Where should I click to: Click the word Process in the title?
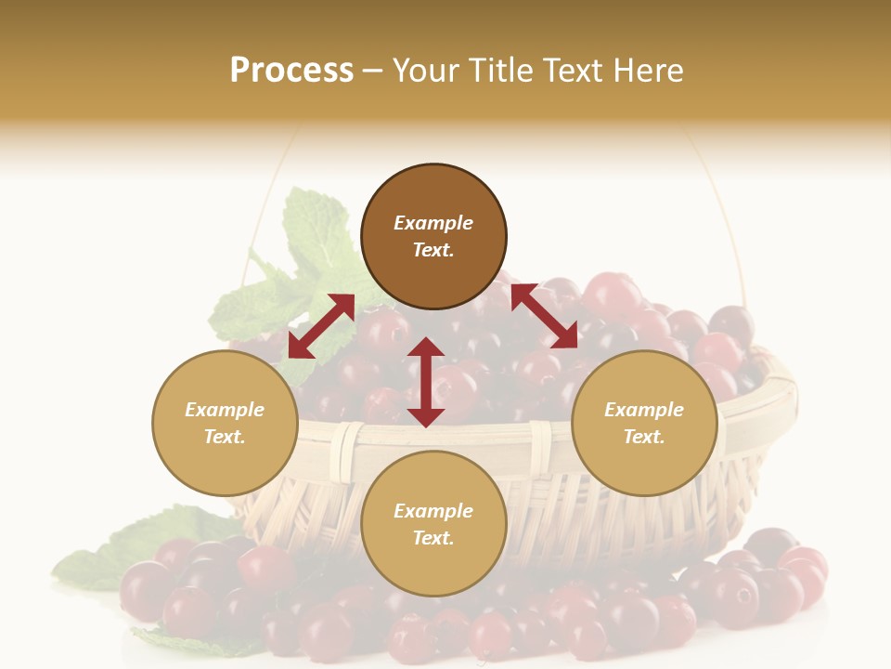[x=291, y=71]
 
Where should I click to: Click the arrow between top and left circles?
[x=321, y=326]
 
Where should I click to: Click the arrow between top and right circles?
[x=544, y=316]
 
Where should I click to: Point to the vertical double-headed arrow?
[x=426, y=382]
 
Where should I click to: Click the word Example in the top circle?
[x=433, y=223]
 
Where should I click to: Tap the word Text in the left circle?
[x=225, y=437]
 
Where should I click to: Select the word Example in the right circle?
[x=644, y=410]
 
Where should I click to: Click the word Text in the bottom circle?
[x=433, y=538]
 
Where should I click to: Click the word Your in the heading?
[x=424, y=71]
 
